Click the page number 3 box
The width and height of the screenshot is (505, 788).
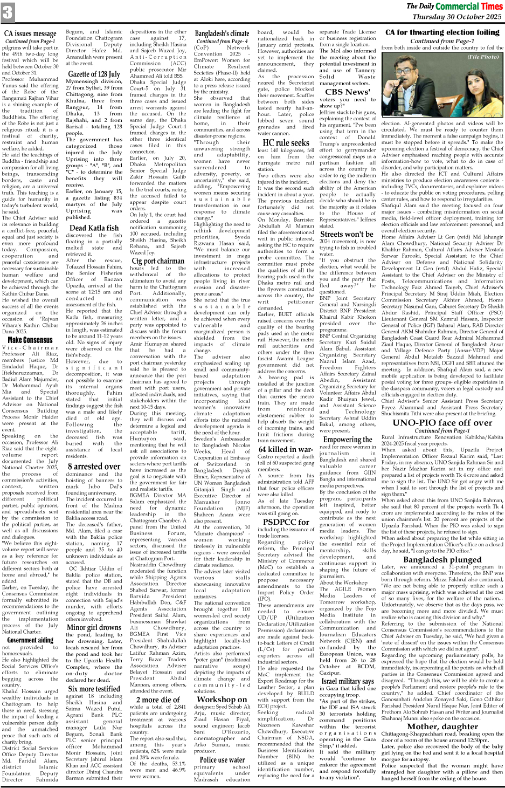pyautogui.click(x=8, y=12)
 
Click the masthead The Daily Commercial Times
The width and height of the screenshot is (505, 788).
pyautogui.click(x=454, y=6)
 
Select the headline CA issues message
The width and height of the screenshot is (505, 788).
pyautogui.click(x=30, y=33)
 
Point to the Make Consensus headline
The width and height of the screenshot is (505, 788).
pyautogui.click(x=30, y=340)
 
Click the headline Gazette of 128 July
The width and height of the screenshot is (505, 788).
pyautogui.click(x=94, y=74)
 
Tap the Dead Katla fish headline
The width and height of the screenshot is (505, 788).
pyautogui.click(x=94, y=228)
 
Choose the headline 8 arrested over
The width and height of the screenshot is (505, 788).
pyautogui.click(x=94, y=466)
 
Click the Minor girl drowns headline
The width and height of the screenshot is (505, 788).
pyautogui.click(x=94, y=627)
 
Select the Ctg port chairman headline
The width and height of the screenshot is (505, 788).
pyautogui.click(x=158, y=261)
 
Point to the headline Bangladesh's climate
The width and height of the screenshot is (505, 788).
pyautogui.click(x=222, y=33)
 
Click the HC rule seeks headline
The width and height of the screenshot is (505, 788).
pyautogui.click(x=286, y=143)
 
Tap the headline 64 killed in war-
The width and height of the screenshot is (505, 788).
pyautogui.click(x=286, y=449)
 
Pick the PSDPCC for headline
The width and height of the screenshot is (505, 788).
pyautogui.click(x=286, y=522)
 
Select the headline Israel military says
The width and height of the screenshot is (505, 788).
pyautogui.click(x=348, y=681)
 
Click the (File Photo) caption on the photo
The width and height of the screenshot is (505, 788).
pyautogui.click(x=483, y=56)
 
